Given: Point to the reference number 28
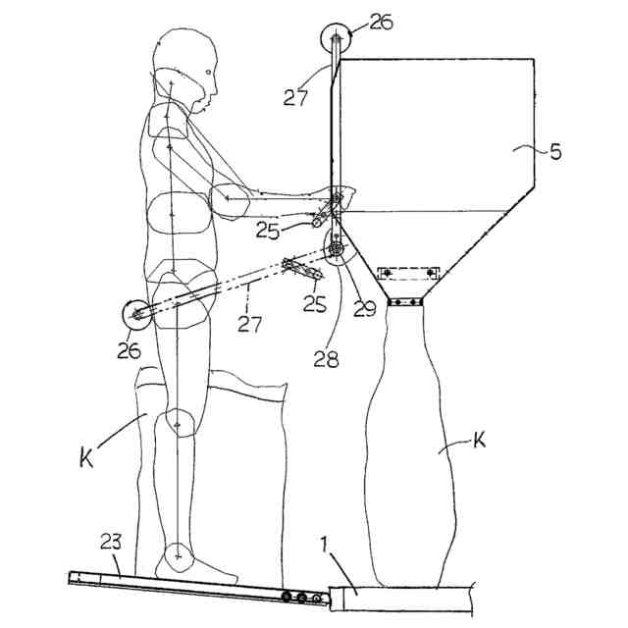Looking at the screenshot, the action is click(x=327, y=359).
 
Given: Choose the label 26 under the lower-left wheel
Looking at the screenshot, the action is click(x=130, y=350).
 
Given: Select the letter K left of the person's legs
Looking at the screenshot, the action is click(x=86, y=456).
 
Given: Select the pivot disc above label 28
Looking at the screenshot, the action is click(x=337, y=251).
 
